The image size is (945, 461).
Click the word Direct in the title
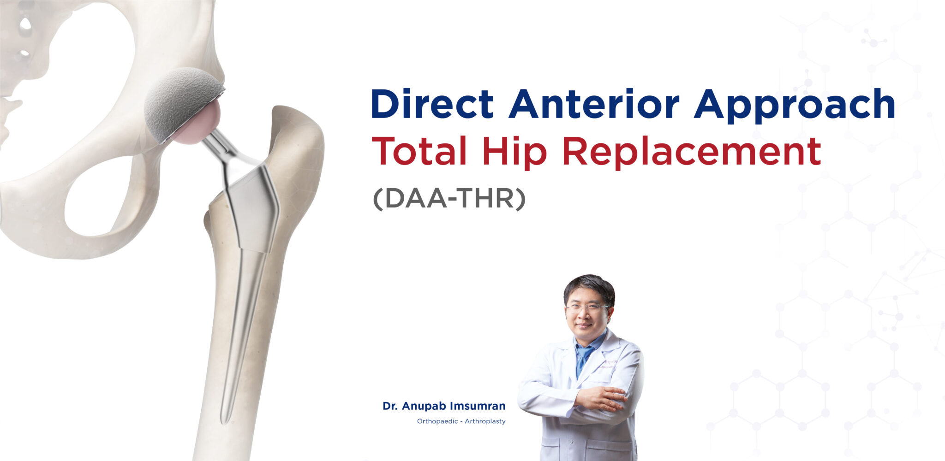(432, 104)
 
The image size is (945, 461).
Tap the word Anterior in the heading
(594, 104)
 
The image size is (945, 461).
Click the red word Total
(419, 151)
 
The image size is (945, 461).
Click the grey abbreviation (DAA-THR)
(449, 199)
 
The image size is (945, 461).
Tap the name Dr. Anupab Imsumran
(444, 406)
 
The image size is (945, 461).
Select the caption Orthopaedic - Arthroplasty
(461, 421)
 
